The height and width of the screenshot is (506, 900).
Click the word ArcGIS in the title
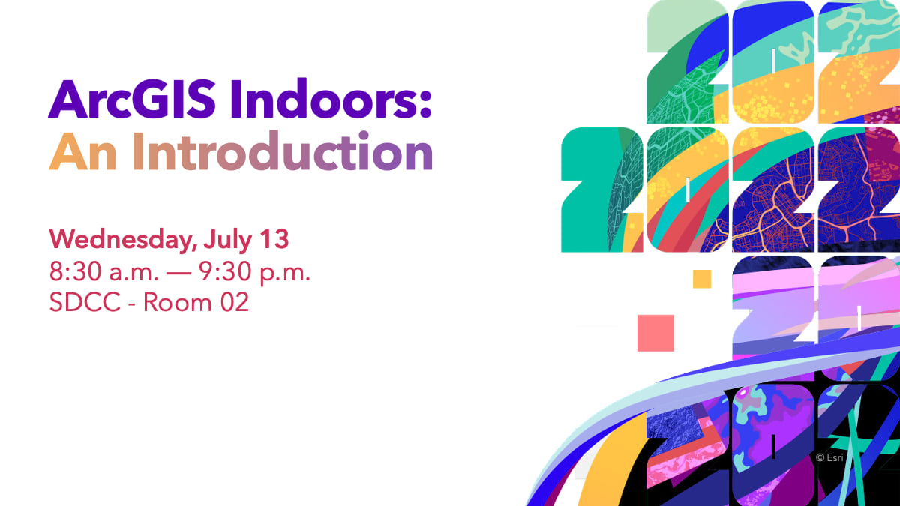point(132,99)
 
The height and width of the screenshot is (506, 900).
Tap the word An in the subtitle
point(82,151)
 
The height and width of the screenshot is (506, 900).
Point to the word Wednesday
point(121,240)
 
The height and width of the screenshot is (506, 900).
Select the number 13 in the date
point(274,239)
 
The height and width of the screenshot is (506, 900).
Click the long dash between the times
point(178,273)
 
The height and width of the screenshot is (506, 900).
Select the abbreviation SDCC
point(85,302)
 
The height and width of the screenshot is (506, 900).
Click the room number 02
point(235,302)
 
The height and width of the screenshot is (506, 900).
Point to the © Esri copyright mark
point(829,457)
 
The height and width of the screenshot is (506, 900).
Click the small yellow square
point(702,279)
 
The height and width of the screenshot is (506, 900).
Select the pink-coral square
point(655,333)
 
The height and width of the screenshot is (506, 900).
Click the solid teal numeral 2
point(591,190)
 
